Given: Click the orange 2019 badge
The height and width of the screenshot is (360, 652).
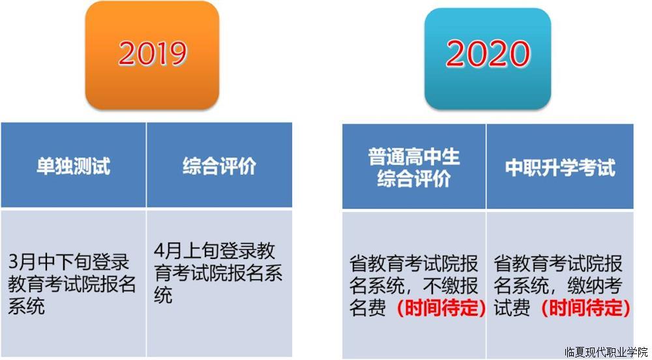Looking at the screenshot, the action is [x=152, y=55].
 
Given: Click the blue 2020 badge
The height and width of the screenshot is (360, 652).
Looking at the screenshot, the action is [x=488, y=59].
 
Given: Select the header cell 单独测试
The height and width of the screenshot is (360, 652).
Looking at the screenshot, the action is [x=73, y=166].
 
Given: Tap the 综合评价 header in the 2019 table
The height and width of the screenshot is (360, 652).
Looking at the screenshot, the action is [x=219, y=166].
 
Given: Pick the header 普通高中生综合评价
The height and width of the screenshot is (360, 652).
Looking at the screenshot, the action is [x=414, y=167].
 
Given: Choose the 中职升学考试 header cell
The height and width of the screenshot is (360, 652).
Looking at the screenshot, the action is [x=560, y=167].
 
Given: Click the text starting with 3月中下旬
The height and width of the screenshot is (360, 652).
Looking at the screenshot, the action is [x=72, y=284].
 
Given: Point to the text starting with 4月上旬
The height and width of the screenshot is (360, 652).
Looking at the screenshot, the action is [x=218, y=273].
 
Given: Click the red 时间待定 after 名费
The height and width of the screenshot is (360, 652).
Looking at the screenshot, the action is [x=441, y=308].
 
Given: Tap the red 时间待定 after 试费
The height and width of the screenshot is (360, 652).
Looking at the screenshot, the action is [x=585, y=308].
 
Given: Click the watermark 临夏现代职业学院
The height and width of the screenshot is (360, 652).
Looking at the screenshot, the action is [x=606, y=353].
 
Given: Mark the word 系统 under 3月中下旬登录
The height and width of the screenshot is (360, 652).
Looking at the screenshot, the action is [x=26, y=307].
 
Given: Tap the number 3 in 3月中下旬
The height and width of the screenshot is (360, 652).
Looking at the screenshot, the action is [x=13, y=262].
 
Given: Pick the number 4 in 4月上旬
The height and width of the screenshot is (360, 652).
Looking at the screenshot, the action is [x=159, y=250].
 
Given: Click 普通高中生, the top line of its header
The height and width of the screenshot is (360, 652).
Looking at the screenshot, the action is [x=414, y=157].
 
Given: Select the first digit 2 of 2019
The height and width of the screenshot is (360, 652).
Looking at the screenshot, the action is [x=127, y=53].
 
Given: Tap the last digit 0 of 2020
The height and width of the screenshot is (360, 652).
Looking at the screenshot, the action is [x=520, y=53].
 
